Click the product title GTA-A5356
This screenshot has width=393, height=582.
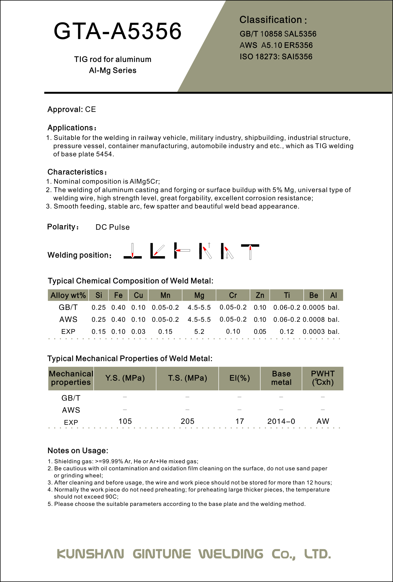click(117, 31)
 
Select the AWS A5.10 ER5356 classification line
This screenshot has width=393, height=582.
click(276, 45)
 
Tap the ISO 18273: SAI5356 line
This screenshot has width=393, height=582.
click(276, 57)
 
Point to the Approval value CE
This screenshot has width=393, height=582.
click(90, 109)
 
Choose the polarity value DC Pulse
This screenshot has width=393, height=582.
click(112, 227)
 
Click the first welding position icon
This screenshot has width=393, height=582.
click(133, 251)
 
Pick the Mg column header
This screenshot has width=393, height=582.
click(199, 295)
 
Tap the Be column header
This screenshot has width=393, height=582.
click(314, 295)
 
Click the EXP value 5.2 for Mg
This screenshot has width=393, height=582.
click(199, 332)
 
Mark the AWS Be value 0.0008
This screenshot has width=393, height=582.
click(314, 319)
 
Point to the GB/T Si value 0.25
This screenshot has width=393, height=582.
click(99, 308)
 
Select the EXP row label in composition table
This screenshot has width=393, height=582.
click(68, 332)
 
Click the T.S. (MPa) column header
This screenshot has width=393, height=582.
click(187, 378)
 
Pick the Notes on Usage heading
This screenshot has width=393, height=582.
click(78, 451)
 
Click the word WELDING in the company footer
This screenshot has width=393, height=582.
click(231, 554)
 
